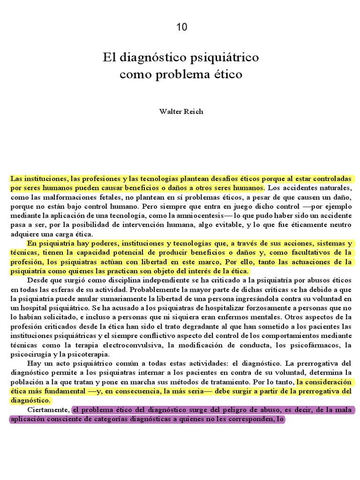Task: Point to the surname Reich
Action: click(193, 112)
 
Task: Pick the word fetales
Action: click(95, 198)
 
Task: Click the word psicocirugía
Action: click(30, 354)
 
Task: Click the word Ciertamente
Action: click(48, 410)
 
